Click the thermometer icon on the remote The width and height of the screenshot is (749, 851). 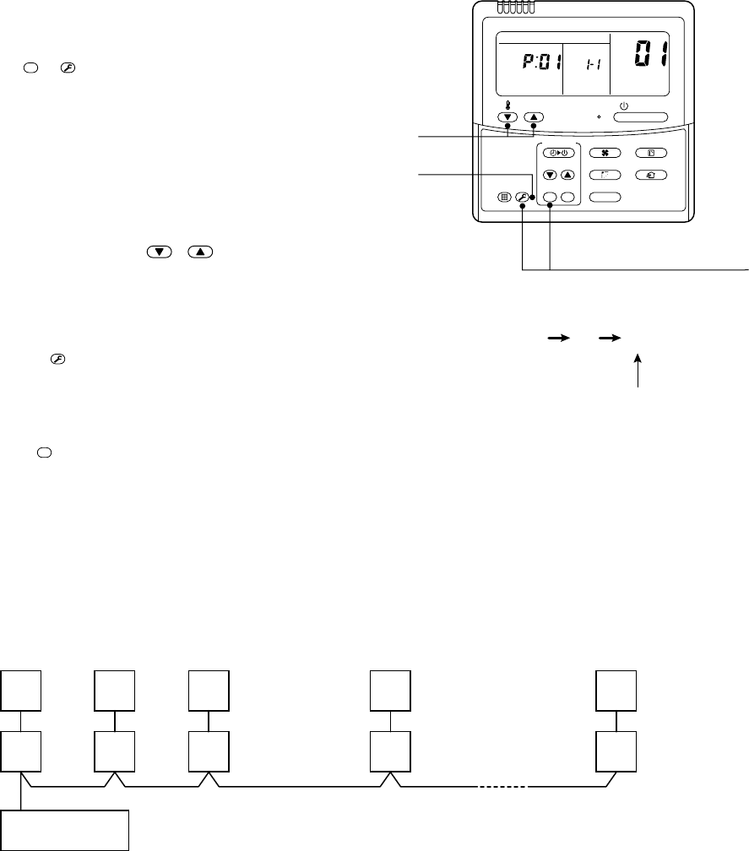tap(507, 106)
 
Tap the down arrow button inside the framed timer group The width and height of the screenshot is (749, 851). tap(550, 175)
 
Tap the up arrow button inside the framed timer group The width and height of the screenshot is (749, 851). tap(567, 175)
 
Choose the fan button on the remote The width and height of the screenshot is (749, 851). tap(605, 153)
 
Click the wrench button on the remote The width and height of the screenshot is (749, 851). tap(522, 198)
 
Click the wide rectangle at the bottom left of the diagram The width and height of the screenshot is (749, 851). tap(65, 830)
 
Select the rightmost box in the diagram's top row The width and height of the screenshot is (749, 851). tap(616, 690)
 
